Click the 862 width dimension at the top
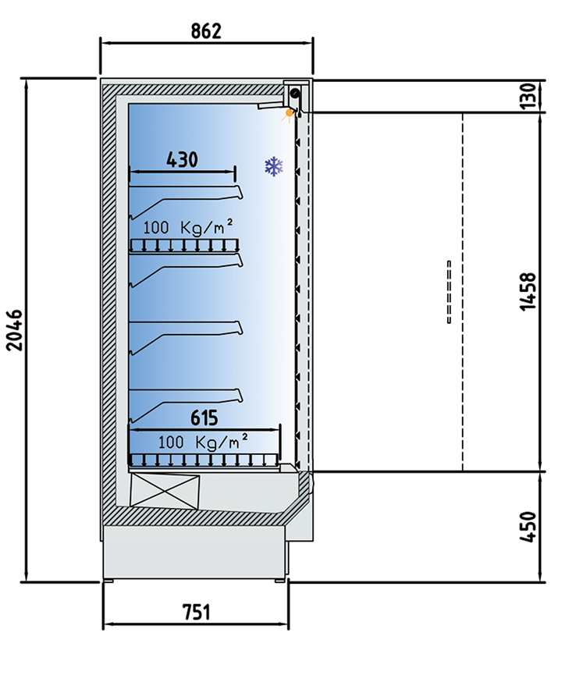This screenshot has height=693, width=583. coord(206,31)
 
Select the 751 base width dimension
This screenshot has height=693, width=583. coord(197,612)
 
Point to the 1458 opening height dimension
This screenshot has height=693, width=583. coord(528,292)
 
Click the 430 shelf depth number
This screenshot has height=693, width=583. coord(182,160)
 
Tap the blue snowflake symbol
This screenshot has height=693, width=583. coord(273,165)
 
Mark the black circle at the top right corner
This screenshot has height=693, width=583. coord(295,94)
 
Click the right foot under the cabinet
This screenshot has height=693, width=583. coord(278,580)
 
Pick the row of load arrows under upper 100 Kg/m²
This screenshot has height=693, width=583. coord(183,245)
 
